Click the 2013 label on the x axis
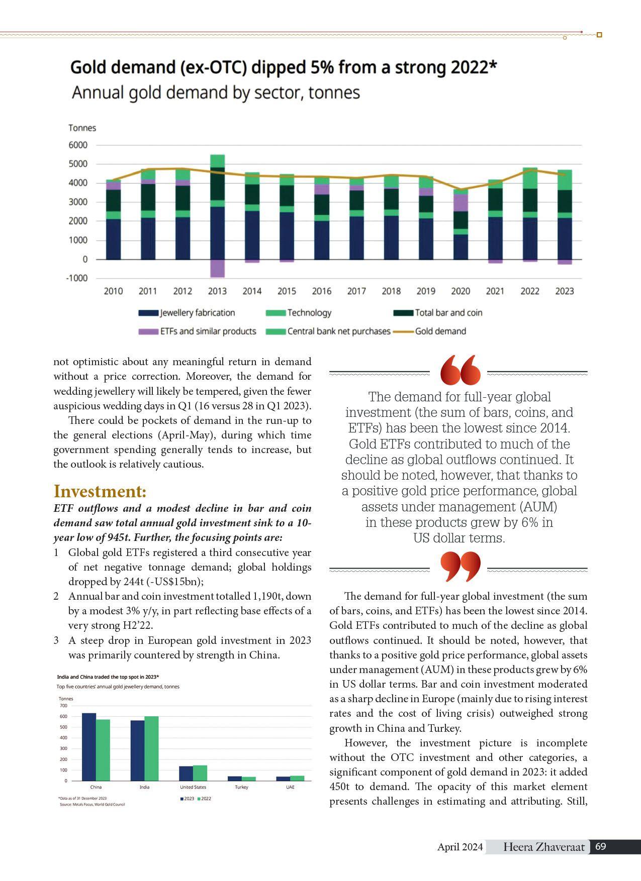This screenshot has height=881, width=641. (217, 291)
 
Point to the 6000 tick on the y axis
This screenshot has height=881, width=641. (78, 145)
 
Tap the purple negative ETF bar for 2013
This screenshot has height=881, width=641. (217, 269)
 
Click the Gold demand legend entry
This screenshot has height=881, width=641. (440, 332)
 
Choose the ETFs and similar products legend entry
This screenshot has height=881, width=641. (208, 332)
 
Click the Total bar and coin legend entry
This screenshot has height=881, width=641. (448, 313)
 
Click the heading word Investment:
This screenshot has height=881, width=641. (100, 491)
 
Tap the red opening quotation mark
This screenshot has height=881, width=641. (460, 370)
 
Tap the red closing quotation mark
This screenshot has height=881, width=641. (460, 566)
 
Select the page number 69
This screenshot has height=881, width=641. (600, 847)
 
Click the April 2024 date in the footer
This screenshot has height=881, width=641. (460, 847)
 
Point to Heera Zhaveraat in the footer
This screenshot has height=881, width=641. (544, 847)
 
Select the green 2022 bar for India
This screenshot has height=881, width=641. (151, 748)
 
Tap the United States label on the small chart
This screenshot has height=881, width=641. (193, 787)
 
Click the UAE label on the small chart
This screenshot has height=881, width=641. (290, 787)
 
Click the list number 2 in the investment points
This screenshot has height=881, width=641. (56, 596)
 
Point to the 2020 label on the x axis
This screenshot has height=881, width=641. (461, 291)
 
